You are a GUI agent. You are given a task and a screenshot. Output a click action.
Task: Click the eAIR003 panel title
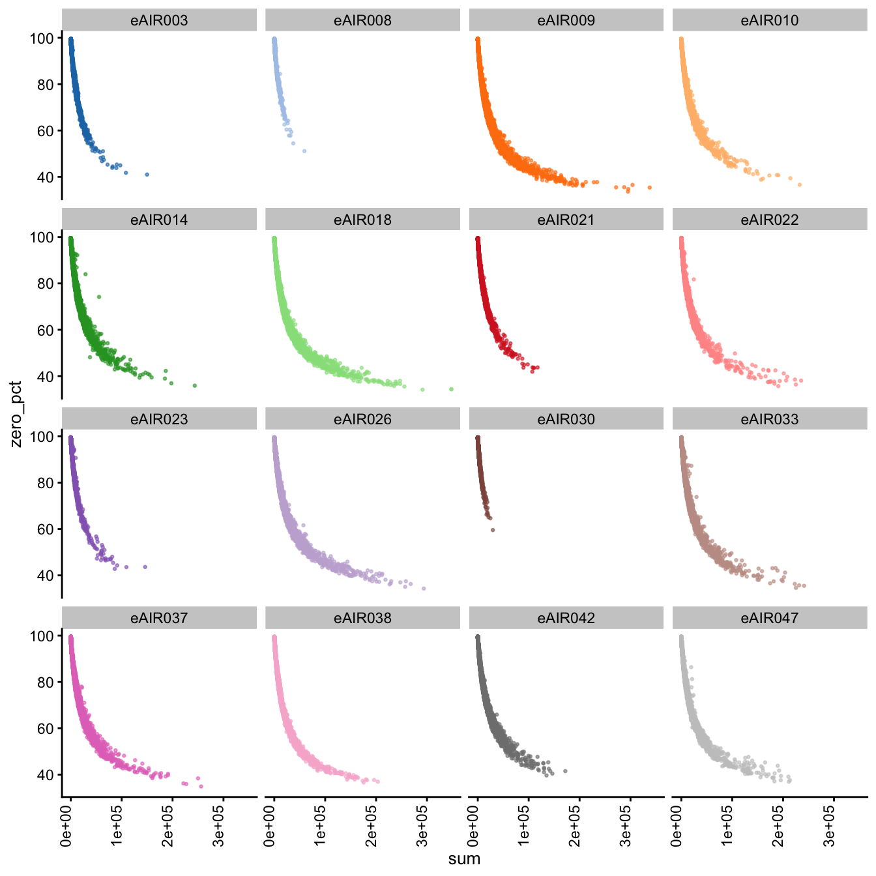pyautogui.click(x=159, y=20)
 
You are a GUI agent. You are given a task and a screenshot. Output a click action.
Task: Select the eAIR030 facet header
pyautogui.click(x=566, y=419)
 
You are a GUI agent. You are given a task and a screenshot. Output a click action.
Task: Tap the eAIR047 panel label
pyautogui.click(x=769, y=618)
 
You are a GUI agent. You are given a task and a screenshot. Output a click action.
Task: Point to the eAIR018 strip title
pyautogui.click(x=362, y=220)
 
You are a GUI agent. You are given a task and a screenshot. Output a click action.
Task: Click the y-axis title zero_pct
pyautogui.click(x=16, y=414)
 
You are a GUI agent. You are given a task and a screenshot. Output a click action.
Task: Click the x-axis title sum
pyautogui.click(x=464, y=859)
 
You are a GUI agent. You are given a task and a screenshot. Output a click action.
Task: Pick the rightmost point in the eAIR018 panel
pyautogui.click(x=451, y=389)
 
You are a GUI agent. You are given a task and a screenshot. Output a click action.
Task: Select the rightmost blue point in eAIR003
pyautogui.click(x=147, y=175)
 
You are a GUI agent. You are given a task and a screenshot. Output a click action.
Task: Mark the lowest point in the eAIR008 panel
pyautogui.click(x=304, y=151)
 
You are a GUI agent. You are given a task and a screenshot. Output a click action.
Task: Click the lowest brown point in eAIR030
pyautogui.click(x=493, y=530)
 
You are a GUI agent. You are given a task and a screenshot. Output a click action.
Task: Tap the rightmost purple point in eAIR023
pyautogui.click(x=145, y=567)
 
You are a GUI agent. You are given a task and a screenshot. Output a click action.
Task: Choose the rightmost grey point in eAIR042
pyautogui.click(x=565, y=771)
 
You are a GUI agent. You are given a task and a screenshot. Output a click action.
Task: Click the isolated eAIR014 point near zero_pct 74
pyautogui.click(x=99, y=297)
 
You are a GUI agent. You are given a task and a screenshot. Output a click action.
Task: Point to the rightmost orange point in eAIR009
pyautogui.click(x=649, y=188)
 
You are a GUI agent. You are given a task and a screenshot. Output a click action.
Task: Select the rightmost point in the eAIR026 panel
pyautogui.click(x=424, y=589)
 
